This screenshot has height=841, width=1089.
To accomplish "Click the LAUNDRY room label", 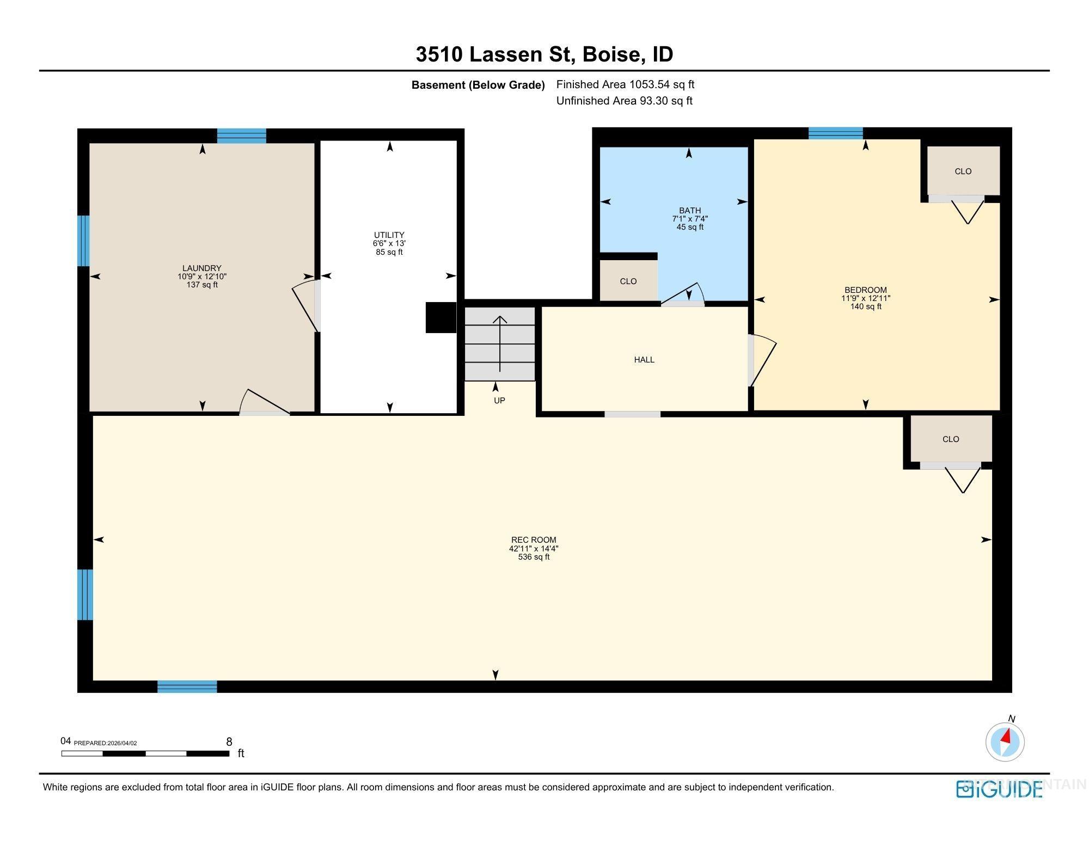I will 201,268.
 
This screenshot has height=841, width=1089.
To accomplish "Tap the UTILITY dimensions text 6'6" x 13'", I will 389,244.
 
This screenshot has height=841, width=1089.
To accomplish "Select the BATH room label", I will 689,210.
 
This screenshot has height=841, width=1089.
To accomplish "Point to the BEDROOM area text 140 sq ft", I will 866,306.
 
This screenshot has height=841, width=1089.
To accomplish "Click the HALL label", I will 644,359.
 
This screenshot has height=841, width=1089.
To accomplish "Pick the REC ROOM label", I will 534,540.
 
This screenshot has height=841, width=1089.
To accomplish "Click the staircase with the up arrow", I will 500,344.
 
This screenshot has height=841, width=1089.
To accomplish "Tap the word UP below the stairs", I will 499,401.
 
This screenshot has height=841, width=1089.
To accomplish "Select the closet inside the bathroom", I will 628,281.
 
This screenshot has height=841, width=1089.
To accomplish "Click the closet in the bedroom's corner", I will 963,171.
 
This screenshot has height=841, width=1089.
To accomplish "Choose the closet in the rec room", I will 951,439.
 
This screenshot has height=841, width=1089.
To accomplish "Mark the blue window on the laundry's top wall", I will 242,136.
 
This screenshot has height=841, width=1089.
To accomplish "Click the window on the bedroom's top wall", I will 835,133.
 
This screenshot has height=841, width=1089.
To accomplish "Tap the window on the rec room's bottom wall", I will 187,686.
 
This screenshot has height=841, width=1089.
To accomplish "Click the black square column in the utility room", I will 440,317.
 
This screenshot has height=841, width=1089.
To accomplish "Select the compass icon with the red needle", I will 1005,741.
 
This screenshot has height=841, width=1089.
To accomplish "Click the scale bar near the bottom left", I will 145,753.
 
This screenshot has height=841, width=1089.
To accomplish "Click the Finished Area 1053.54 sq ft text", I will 625,84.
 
